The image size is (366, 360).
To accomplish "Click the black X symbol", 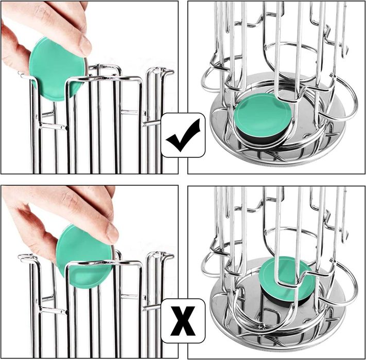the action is click(183, 321).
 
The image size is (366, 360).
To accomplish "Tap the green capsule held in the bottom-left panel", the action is click(85, 257).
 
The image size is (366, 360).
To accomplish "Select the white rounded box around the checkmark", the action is click(183, 135).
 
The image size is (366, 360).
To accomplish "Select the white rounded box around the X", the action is click(183, 321).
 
